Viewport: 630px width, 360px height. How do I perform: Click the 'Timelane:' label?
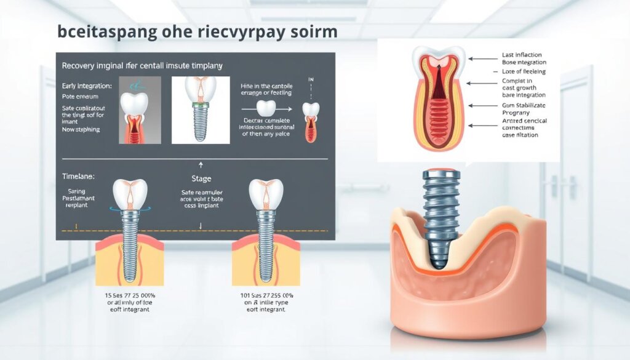point(78,176)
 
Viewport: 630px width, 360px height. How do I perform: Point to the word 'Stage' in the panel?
point(201,179)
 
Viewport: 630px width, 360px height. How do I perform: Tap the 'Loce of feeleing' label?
point(524,72)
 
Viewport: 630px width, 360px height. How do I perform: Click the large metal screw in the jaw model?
point(441,215)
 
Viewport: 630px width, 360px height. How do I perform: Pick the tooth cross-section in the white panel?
point(439,98)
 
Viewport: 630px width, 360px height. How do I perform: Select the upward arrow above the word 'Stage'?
point(201,165)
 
